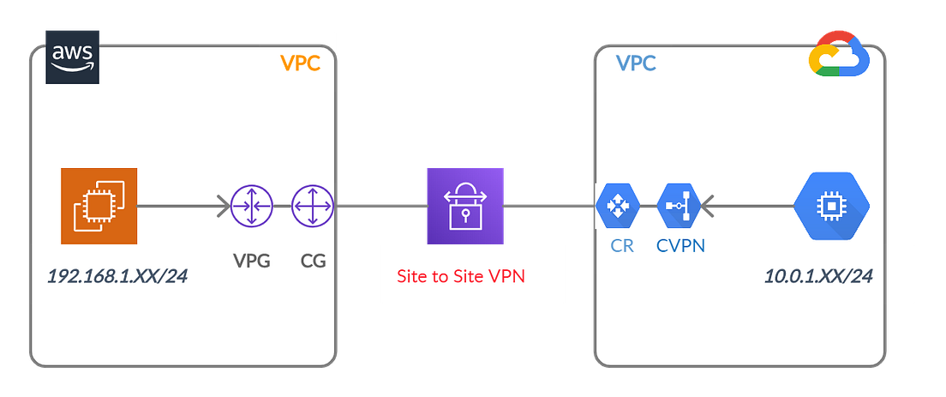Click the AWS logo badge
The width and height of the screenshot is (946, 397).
pos(73,57)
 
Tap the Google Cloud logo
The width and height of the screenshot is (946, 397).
pos(839,53)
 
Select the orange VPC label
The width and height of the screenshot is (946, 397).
pos(300,64)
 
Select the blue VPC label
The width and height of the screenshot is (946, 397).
pos(637,64)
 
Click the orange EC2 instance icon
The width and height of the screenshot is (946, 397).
pos(99,206)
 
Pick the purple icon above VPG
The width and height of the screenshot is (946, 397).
pos(252,206)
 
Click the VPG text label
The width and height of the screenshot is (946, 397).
pos(252,261)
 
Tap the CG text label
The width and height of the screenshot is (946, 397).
pos(314,261)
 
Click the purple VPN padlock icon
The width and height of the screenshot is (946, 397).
pos(465,206)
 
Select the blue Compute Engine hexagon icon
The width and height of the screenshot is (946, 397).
pos(830,206)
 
